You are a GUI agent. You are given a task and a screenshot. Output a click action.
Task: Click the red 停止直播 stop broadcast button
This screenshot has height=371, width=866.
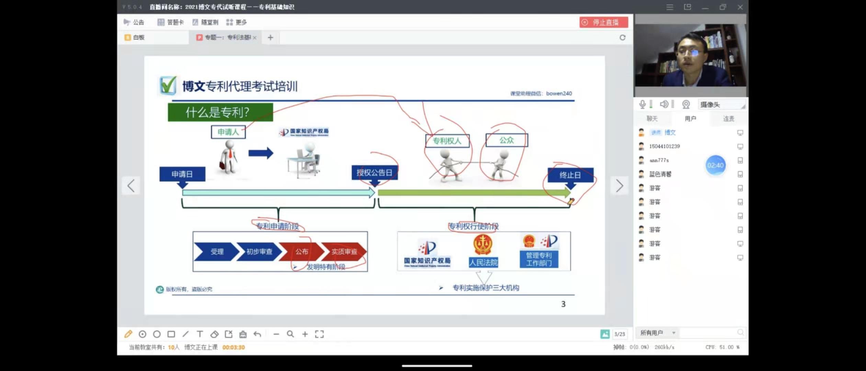point(603,22)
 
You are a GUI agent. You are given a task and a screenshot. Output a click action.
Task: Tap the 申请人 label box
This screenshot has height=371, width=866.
point(228,132)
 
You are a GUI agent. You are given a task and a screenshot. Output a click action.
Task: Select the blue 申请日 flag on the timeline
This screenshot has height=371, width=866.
point(182,174)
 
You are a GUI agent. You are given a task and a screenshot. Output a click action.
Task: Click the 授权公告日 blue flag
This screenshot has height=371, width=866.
point(374,172)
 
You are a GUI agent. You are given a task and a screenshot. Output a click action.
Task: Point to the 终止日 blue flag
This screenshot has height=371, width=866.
point(570,175)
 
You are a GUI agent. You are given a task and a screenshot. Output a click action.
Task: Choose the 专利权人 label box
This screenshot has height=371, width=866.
point(447,141)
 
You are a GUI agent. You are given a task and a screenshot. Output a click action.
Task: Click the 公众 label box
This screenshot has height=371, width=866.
point(506,140)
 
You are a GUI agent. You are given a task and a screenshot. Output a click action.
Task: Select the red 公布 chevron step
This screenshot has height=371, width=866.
point(301,251)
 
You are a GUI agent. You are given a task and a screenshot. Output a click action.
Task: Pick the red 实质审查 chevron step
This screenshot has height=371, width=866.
point(344,251)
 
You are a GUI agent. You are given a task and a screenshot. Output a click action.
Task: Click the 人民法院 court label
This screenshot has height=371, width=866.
point(483,262)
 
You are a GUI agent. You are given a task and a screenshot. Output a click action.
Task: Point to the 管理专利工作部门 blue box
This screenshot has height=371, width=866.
point(539,259)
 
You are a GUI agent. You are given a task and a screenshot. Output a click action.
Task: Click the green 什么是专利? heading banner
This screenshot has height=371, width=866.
point(220,112)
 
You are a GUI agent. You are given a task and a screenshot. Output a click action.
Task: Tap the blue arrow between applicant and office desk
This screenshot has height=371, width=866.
point(261,153)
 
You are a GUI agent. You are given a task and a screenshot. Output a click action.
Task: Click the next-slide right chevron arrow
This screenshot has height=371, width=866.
point(619,186)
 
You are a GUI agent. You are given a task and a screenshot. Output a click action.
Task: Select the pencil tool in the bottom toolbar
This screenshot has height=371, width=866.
point(128,334)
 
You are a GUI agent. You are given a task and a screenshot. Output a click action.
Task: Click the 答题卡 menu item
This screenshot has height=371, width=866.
point(171,22)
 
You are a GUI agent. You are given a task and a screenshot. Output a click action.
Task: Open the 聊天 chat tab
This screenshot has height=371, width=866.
point(652,119)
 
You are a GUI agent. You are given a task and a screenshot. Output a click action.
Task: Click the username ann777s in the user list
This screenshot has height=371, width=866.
point(659,160)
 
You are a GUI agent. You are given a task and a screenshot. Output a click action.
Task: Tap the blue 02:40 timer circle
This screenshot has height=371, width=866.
point(715,166)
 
